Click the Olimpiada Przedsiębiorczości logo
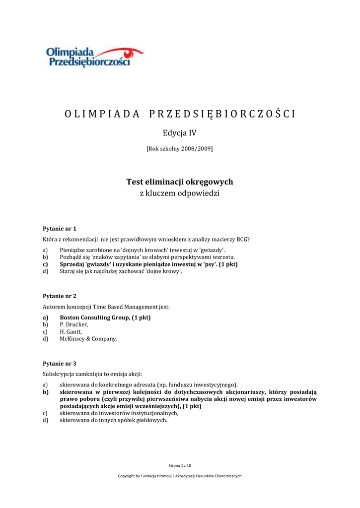94,56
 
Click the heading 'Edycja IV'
180,132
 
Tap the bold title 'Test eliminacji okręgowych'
180,182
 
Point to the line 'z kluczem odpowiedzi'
180,193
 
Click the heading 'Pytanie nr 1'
60,229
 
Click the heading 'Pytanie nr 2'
60,296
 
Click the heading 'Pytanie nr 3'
60,364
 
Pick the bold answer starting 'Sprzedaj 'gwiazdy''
148,264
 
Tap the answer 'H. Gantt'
71,331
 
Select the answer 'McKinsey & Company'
88,339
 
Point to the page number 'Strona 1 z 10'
180,465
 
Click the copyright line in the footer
180,476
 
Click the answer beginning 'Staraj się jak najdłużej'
121,271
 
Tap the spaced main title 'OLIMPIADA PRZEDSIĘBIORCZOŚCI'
180,114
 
